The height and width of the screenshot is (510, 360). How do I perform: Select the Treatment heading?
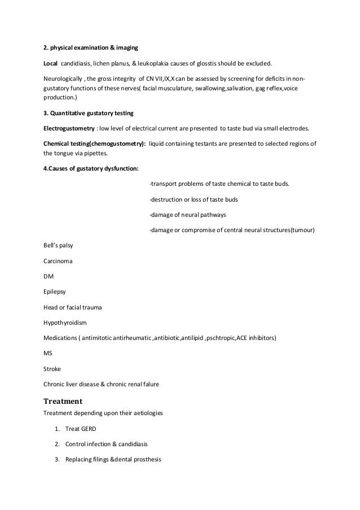63,402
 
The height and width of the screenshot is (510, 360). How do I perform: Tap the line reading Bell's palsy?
58,246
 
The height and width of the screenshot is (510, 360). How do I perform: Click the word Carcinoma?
58,261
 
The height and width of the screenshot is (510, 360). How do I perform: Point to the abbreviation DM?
49,277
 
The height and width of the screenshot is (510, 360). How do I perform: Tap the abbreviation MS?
48,354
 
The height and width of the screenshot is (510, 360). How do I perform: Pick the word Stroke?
52,369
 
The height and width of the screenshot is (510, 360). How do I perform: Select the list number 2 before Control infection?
57,444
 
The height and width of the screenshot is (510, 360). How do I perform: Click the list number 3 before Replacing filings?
57,459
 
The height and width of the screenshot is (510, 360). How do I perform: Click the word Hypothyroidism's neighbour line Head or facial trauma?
73,308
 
